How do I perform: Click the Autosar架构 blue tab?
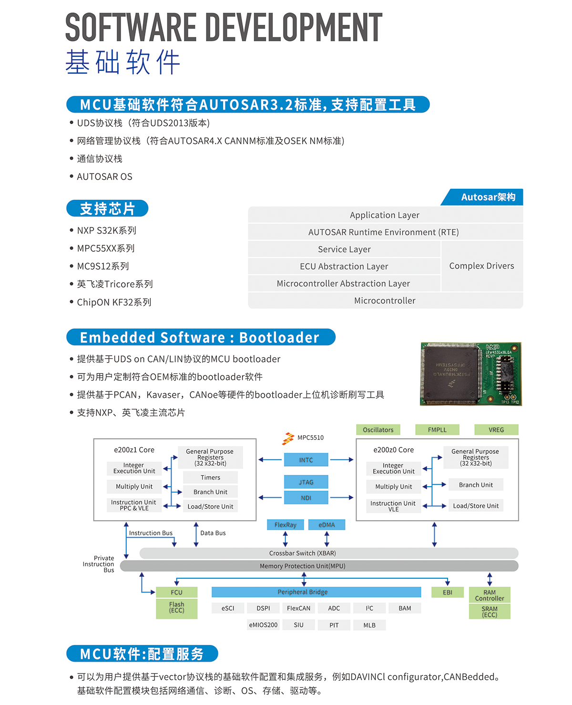pos(484,197)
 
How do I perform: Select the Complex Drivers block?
pos(481,266)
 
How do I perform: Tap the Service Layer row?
pos(344,249)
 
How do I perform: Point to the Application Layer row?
pos(385,215)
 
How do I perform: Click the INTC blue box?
pos(306,460)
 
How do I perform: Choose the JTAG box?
pos(306,482)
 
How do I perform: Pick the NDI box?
pos(306,498)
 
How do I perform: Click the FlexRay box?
pos(286,525)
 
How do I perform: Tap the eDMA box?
pos(327,525)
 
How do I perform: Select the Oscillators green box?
pos(378,429)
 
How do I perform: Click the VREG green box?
pos(496,429)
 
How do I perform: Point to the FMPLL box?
pos(437,429)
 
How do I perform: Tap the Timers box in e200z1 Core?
pos(210,478)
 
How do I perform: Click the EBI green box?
pos(447,592)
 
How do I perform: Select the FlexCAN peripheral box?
pos(298,608)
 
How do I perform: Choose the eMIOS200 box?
pos(263,625)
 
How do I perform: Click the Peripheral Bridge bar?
pos(316,592)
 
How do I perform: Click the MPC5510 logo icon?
pos(288,438)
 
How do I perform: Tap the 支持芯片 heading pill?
pos(107,209)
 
